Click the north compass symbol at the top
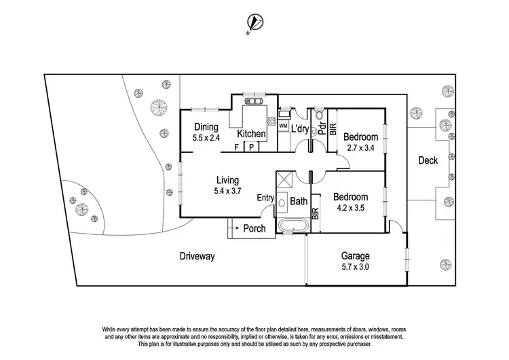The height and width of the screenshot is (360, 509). pyautogui.click(x=253, y=23)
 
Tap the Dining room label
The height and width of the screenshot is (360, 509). pyautogui.click(x=206, y=126)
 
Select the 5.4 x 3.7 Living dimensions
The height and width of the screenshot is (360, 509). pyautogui.click(x=227, y=192)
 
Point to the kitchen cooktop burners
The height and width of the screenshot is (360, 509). pyautogui.click(x=272, y=123)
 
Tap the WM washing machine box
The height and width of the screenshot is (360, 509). pyautogui.click(x=283, y=127)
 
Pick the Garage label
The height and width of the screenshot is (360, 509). pyautogui.click(x=355, y=256)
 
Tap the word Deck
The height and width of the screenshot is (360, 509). pyautogui.click(x=428, y=160)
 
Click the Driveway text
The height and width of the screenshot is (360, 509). pyautogui.click(x=197, y=257)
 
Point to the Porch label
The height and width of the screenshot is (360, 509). pyautogui.click(x=254, y=228)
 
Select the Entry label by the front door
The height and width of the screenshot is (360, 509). pyautogui.click(x=265, y=198)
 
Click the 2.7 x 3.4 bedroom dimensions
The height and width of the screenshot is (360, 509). pyautogui.click(x=361, y=146)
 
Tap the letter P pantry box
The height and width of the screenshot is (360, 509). pyautogui.click(x=250, y=146)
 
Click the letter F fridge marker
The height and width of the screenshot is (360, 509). pyautogui.click(x=236, y=146)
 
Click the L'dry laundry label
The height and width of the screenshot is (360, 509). pyautogui.click(x=300, y=129)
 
